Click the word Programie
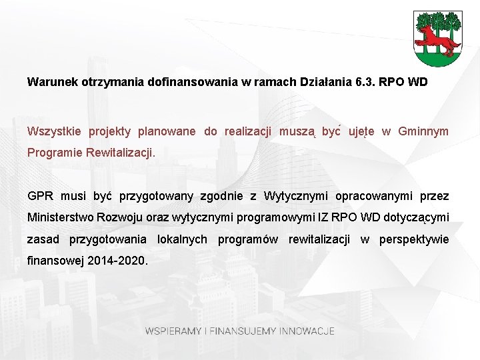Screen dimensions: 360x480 coord(55,153)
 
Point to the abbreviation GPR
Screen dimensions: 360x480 coord(39,196)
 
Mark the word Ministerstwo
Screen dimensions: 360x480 coord(61,217)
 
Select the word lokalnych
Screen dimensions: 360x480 coord(182,239)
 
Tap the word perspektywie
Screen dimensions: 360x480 coord(414,239)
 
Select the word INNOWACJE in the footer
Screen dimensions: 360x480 coord(307,331)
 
